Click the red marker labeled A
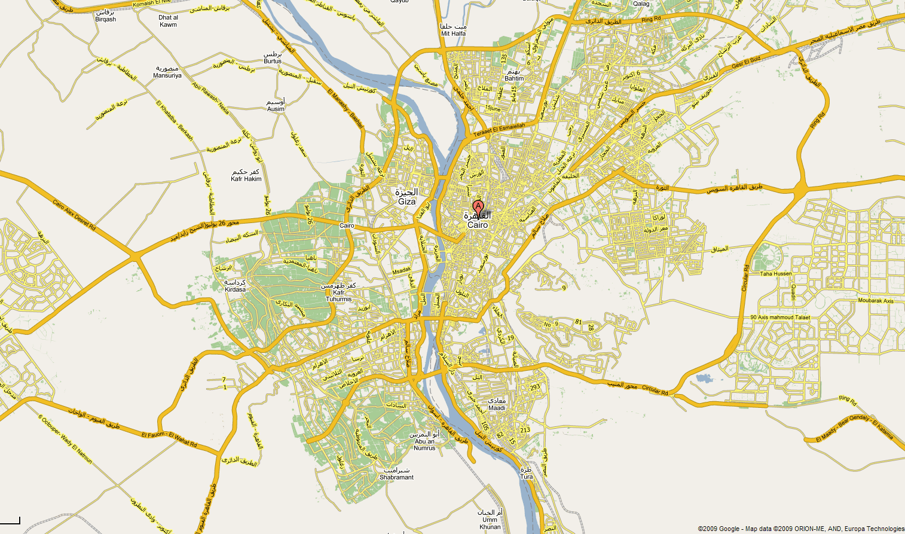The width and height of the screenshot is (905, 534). point(478,207)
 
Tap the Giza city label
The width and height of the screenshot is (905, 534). point(407,202)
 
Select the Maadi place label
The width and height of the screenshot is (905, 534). point(497,408)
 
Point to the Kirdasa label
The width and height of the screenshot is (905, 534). point(235,289)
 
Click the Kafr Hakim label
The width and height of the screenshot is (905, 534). point(246,179)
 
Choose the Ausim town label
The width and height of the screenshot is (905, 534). point(276,109)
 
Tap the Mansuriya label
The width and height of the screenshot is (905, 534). point(167,75)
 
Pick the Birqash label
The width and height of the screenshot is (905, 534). point(106,19)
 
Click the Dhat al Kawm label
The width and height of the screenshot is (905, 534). point(168,25)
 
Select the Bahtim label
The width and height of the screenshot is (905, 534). point(514,78)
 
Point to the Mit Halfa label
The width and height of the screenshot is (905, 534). point(453,33)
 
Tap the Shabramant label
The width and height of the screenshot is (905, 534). point(396,477)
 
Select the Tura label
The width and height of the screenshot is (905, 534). point(526,477)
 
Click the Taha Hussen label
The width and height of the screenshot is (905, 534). point(775,274)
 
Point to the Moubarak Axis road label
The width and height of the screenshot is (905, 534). point(876,301)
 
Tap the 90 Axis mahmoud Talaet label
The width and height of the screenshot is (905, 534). point(780,318)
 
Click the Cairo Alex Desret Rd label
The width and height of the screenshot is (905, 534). point(74,215)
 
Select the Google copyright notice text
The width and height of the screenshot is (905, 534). point(801,529)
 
